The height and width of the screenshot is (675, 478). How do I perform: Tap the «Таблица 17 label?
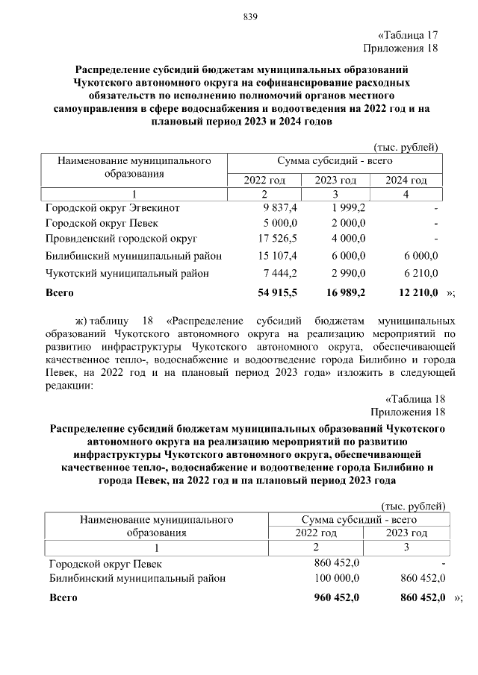(406, 35)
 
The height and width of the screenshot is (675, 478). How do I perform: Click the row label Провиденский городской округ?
(120, 239)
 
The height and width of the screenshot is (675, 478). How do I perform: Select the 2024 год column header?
(406, 180)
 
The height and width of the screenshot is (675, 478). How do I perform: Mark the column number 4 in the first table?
(406, 194)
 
